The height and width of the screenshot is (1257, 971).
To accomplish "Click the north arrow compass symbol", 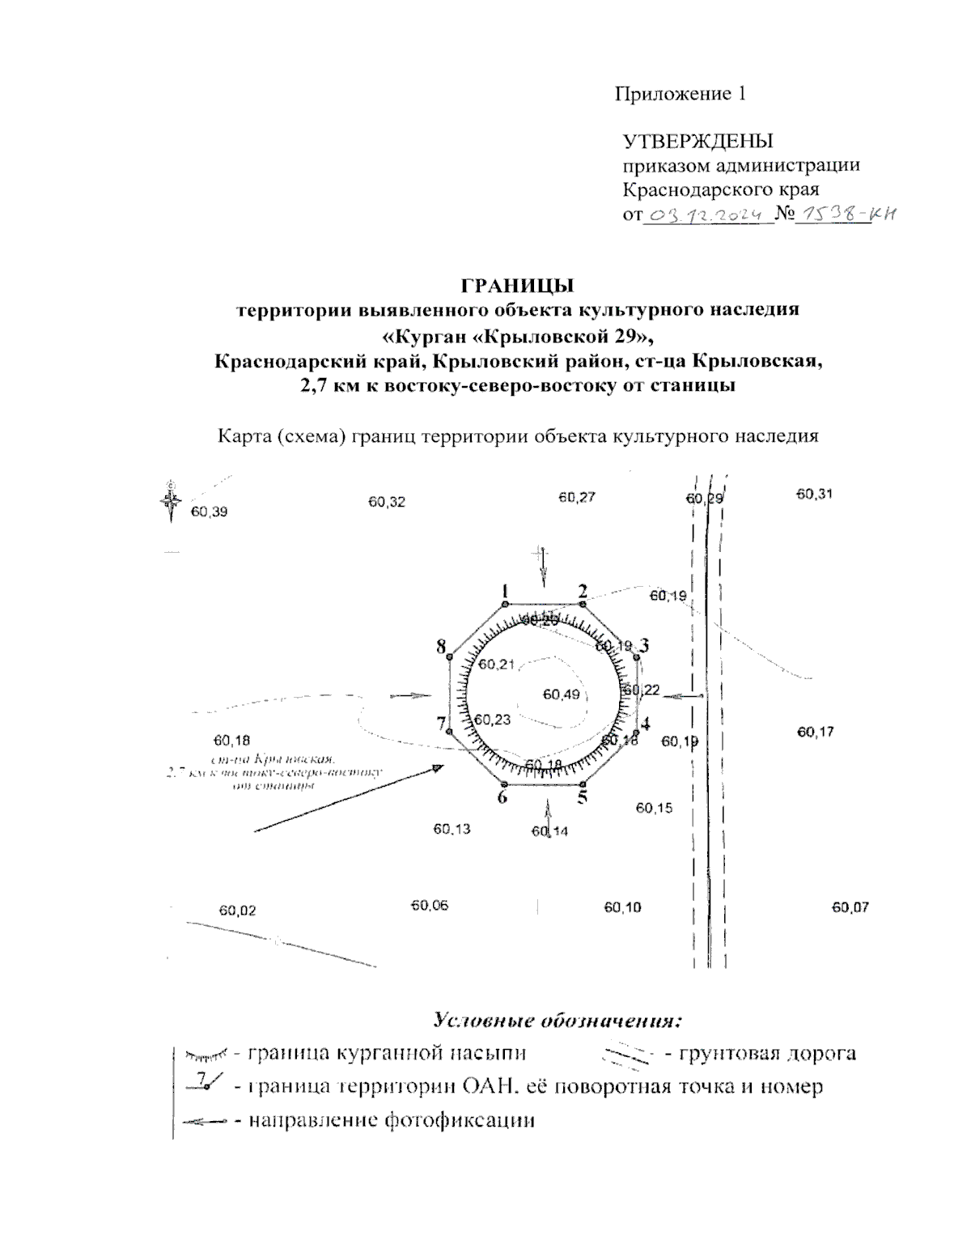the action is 171,502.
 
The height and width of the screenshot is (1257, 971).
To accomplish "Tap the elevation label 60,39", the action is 210,512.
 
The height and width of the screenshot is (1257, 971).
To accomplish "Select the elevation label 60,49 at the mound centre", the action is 562,694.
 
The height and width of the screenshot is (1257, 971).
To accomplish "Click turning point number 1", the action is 505,604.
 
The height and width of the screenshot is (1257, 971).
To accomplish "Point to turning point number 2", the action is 583,604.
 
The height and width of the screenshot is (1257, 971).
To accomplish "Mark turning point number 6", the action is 505,784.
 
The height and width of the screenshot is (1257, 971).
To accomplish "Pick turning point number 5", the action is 583,784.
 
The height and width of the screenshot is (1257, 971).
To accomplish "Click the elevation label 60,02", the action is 237,911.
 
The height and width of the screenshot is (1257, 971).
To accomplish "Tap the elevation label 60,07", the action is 850,907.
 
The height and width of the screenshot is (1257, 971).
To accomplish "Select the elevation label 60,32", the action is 387,502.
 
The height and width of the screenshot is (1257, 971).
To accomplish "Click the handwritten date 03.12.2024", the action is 706,215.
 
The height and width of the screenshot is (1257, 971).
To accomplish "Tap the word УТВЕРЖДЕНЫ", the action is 698,142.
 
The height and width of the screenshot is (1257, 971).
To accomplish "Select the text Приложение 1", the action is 680,94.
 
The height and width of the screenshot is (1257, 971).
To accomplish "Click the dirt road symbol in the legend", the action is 624,1054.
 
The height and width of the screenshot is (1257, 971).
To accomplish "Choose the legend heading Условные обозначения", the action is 554,1019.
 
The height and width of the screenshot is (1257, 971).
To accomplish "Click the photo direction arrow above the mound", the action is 543,567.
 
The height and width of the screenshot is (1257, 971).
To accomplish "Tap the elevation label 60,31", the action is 814,494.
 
